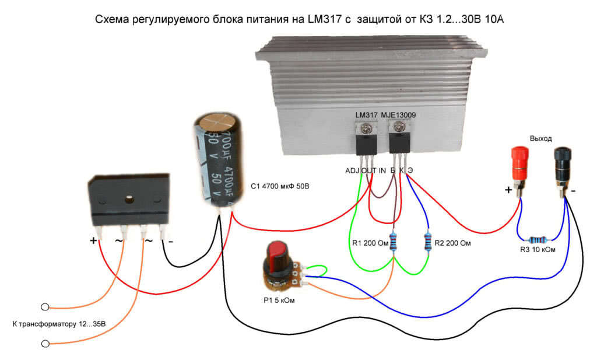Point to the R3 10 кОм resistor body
[536, 239]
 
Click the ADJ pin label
[352, 170]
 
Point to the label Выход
[541, 138]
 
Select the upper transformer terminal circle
[45, 307]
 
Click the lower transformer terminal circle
[45, 344]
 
